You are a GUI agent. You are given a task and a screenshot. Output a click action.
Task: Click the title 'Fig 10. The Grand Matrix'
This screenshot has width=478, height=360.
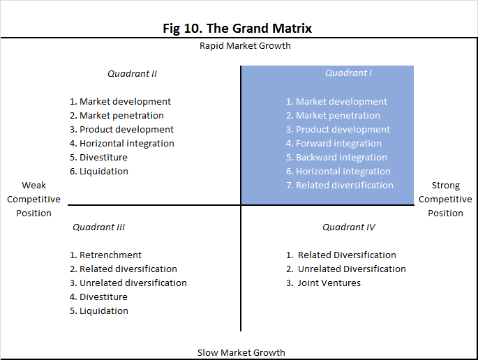coord(237,29)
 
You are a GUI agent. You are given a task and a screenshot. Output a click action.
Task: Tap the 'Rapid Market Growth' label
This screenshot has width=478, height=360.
coord(245,46)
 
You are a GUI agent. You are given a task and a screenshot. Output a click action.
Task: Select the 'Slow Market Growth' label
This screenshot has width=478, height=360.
coord(241,353)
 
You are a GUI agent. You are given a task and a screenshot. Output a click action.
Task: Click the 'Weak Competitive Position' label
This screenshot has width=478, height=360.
coord(33,199)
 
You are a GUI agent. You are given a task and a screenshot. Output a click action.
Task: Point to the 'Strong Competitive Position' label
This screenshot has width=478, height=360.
coord(445,199)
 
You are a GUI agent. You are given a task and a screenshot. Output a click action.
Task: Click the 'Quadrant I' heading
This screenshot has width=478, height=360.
coord(348,73)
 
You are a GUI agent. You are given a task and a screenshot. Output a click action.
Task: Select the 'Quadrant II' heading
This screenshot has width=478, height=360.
coord(132,74)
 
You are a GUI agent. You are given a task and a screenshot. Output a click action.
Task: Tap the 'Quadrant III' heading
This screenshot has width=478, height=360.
coord(99,227)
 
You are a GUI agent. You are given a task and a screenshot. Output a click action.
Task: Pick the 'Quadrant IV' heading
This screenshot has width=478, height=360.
coord(349,227)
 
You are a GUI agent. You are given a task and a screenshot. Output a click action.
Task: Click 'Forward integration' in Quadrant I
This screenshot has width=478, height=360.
coord(338,144)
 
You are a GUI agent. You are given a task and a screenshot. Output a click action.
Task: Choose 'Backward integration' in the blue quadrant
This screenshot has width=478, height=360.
coord(341,158)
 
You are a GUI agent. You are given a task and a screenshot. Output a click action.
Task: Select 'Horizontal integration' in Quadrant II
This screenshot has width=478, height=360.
coord(127,144)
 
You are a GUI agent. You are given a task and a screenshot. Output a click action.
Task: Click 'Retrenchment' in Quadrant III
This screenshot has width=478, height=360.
coord(110,255)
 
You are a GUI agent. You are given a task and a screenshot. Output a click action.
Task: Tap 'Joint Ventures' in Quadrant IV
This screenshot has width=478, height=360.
coord(329,283)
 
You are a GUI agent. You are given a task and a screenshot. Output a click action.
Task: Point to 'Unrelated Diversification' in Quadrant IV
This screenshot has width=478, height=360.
coord(352,269)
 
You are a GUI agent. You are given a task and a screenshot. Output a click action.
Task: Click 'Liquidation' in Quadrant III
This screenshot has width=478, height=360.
coord(104,311)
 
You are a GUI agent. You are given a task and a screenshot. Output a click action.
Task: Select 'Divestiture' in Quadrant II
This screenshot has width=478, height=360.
coord(103,158)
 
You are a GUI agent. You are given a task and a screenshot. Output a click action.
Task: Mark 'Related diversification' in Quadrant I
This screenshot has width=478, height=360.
coord(345,186)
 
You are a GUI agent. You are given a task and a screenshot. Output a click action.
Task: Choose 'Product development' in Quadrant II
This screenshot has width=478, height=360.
coord(126,130)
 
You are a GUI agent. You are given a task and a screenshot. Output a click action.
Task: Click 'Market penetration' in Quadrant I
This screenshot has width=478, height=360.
coord(338,116)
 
